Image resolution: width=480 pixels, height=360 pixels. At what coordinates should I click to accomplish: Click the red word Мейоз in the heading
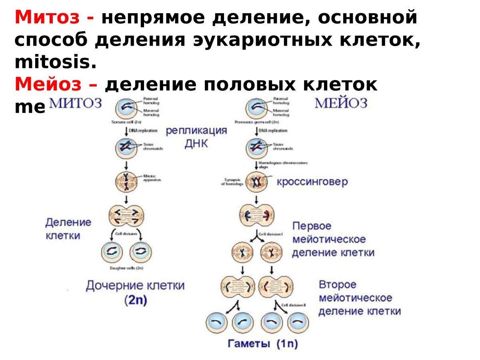(50, 84)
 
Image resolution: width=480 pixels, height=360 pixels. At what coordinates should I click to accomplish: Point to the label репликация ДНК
(196, 137)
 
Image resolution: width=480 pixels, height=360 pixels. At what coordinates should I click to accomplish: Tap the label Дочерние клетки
(135, 286)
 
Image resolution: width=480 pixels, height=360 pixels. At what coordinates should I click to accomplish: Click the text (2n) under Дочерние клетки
(135, 301)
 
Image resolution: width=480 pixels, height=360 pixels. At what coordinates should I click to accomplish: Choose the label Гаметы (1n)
(263, 343)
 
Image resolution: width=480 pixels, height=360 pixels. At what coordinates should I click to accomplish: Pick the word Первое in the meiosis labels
(312, 226)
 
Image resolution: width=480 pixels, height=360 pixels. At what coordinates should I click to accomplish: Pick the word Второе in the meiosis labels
(337, 285)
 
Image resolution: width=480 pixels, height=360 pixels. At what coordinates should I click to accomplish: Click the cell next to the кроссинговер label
(256, 182)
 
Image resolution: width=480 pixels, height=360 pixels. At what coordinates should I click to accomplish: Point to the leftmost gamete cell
(216, 323)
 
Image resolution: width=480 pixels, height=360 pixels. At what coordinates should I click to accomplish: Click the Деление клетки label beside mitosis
(68, 229)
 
